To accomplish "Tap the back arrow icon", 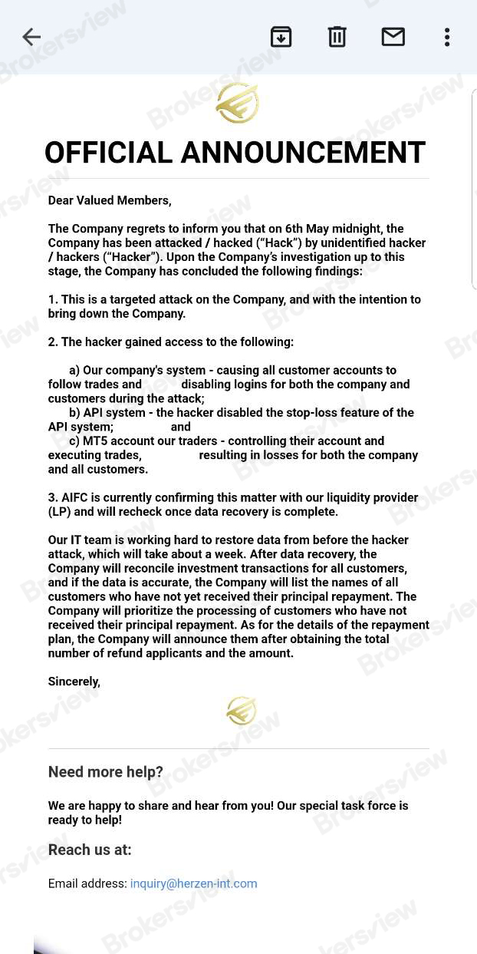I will point(31,37).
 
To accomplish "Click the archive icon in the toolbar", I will point(281,37).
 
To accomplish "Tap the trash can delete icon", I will point(337,37).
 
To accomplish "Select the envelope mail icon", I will point(393,37).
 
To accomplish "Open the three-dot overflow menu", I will point(447,37).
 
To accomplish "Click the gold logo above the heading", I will point(238,103).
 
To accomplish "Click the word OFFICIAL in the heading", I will point(108,153).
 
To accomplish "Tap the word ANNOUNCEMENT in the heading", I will point(303,153).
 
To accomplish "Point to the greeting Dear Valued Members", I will point(110,201).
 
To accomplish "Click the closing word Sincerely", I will point(74,682).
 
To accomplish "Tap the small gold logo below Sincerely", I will point(242,711).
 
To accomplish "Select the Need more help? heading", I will point(106,772).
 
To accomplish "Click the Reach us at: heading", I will point(90,850).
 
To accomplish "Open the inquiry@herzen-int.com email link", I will point(193,883).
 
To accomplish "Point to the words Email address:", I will point(87,883).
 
